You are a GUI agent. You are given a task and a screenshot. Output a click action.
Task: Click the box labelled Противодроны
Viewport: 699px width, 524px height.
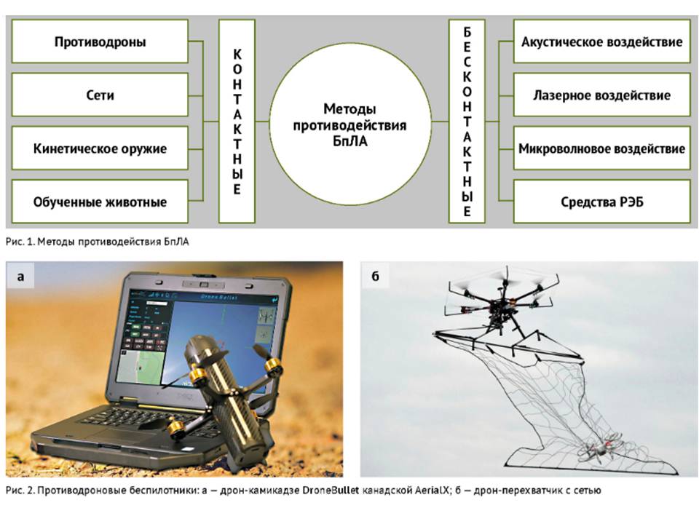(100, 41)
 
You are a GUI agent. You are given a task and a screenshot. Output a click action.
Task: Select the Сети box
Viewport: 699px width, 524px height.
(100, 95)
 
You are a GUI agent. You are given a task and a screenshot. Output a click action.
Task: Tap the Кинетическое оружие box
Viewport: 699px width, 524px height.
(100, 148)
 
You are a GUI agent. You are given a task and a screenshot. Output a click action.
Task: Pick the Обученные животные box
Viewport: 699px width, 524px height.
(100, 201)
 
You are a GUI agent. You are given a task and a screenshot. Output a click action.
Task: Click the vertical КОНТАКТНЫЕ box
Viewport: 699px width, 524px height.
(237, 120)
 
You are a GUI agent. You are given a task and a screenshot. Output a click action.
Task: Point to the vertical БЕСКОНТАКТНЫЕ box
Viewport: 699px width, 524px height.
(467, 120)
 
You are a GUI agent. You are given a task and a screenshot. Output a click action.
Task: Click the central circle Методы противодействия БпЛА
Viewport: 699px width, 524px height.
(349, 120)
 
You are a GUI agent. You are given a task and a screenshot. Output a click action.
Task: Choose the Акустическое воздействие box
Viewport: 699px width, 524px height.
(601, 41)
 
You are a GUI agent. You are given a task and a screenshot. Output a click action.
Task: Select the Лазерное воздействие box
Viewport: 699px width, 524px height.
(601, 95)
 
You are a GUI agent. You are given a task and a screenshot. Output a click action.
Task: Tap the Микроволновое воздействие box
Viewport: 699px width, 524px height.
(601, 148)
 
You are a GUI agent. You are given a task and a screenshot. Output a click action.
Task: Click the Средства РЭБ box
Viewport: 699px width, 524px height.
(601, 201)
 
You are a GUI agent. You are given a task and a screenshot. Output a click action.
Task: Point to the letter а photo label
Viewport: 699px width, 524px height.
(20, 276)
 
